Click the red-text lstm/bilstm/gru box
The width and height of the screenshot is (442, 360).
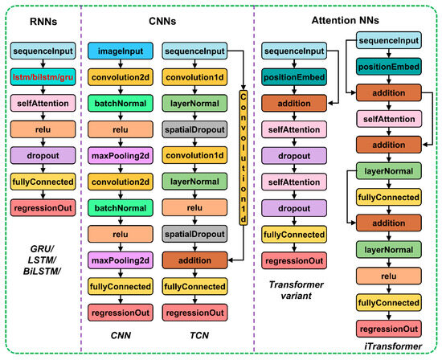pyautogui.click(x=43, y=77)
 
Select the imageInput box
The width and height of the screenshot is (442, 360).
pyautogui.click(x=121, y=51)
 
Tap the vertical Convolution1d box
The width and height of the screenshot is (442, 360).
pyautogui.click(x=244, y=157)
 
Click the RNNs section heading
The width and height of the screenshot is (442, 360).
pyautogui.click(x=43, y=22)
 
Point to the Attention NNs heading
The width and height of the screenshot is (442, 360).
pyautogui.click(x=346, y=20)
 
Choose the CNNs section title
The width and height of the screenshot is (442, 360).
pyautogui.click(x=162, y=21)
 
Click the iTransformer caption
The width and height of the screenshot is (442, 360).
pyautogui.click(x=393, y=346)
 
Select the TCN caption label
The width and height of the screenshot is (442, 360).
pyautogui.click(x=199, y=335)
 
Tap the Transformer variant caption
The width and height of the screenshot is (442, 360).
pyautogui.click(x=296, y=290)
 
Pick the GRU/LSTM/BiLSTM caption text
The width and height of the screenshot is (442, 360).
pyautogui.click(x=42, y=260)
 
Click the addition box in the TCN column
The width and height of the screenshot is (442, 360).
pyautogui.click(x=194, y=260)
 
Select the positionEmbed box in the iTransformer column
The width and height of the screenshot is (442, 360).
pyautogui.click(x=389, y=67)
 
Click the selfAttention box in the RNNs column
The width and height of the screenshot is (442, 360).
pyautogui.click(x=43, y=103)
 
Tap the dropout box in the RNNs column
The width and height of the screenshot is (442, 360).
pyautogui.click(x=43, y=156)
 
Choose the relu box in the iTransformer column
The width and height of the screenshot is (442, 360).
pyautogui.click(x=389, y=276)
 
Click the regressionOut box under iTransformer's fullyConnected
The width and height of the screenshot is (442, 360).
pyautogui.click(x=389, y=329)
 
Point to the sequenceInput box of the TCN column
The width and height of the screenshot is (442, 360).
pyautogui.click(x=194, y=51)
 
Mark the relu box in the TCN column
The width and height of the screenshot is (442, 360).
pyautogui.click(x=194, y=208)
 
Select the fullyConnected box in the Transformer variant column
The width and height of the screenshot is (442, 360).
pyautogui.click(x=294, y=235)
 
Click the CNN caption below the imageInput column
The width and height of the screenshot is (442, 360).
pyautogui.click(x=121, y=335)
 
